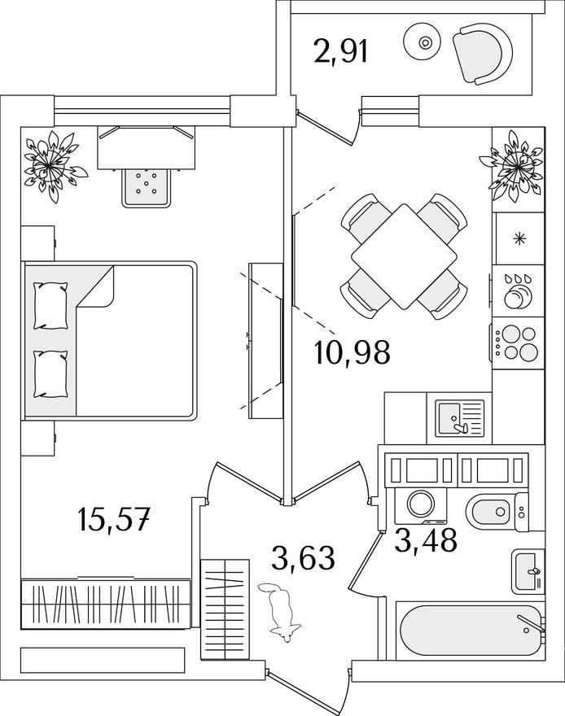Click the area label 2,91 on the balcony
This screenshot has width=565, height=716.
coord(342,52)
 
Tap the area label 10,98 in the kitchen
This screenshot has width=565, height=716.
coord(352,353)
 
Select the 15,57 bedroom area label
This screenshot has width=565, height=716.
coord(114,517)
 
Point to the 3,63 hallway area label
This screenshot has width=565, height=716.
coord(303,558)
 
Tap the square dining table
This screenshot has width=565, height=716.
coord(404,256)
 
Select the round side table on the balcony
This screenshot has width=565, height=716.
coord(424,44)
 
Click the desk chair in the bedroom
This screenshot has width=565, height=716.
coord(147,186)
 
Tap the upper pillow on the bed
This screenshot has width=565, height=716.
coord(50,303)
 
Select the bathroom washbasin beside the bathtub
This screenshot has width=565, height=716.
coord(525,572)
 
